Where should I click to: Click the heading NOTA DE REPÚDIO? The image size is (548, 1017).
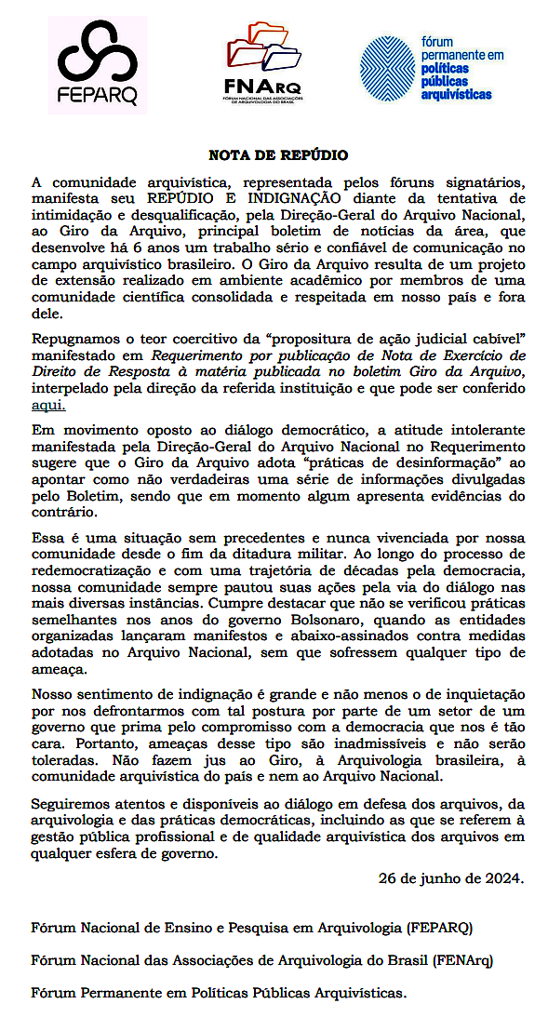(277, 155)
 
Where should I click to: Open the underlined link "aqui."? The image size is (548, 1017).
(47, 406)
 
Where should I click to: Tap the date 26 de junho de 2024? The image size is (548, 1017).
(451, 877)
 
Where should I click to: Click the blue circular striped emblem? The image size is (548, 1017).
(388, 66)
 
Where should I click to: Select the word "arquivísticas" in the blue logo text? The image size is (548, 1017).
(456, 94)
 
